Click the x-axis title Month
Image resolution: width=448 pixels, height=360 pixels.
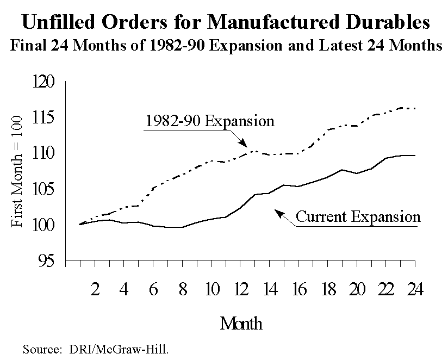click(x=240, y=324)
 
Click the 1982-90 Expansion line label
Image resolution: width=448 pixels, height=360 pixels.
click(x=209, y=121)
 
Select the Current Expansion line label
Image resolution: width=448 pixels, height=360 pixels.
click(x=358, y=218)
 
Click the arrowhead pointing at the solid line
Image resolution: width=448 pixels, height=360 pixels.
click(x=278, y=213)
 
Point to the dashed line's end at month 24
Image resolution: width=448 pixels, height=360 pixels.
click(x=415, y=108)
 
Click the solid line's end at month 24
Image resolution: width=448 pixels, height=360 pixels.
click(x=415, y=156)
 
